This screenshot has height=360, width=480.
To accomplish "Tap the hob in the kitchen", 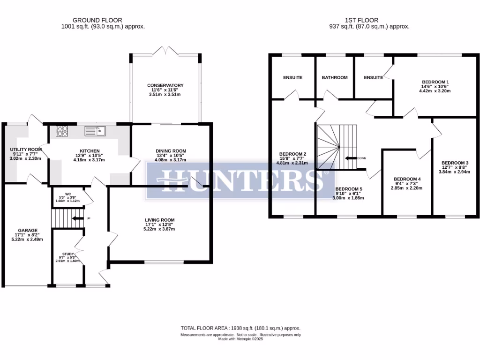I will click(x=62, y=131).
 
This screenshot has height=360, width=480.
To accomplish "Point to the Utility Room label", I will click(x=26, y=150).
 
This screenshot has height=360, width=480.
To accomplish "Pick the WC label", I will click(x=68, y=194).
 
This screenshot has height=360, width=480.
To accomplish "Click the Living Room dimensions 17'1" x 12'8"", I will click(x=159, y=225).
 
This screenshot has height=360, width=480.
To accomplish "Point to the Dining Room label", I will click(x=172, y=151).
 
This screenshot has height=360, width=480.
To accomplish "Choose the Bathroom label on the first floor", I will click(x=335, y=77).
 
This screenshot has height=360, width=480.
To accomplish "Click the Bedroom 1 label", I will click(x=435, y=82).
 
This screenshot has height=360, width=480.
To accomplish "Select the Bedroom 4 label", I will click(x=407, y=179).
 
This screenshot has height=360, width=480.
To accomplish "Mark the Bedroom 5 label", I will click(x=349, y=189).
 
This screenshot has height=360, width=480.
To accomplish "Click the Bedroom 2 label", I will click(x=292, y=154).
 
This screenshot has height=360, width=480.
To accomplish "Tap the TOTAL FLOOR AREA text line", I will click(x=240, y=329).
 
